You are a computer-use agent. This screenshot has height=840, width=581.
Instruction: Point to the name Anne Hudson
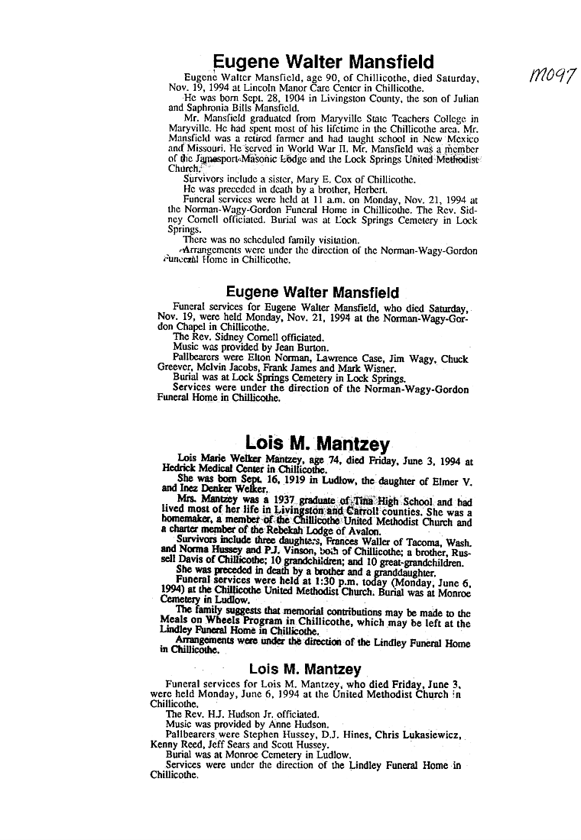(x=300, y=723)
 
